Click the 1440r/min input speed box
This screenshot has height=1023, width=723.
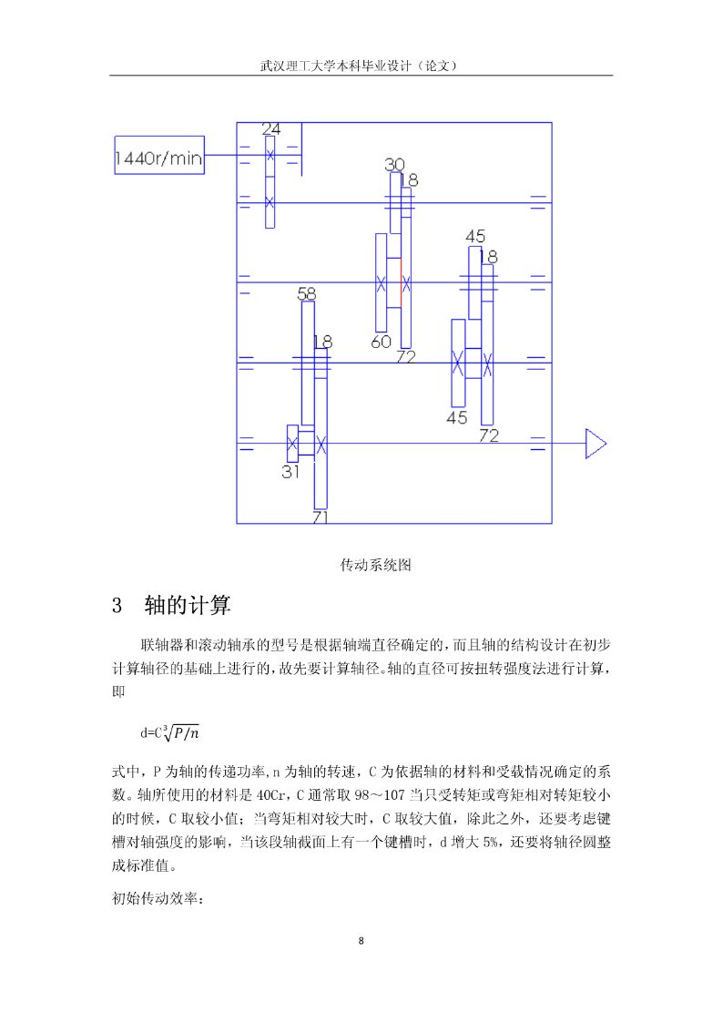coord(159,155)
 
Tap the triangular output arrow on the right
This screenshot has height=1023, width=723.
coord(596,444)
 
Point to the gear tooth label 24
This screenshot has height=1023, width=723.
coord(271,128)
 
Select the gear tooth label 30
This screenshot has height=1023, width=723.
coord(394,164)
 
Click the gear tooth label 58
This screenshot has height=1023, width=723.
coord(307,294)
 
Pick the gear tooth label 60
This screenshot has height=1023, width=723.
coord(381,342)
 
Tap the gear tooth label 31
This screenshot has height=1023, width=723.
coord(290,472)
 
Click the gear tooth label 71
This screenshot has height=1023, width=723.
coord(321,517)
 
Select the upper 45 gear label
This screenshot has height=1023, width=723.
coord(475,236)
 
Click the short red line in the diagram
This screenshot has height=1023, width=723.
coord(401,282)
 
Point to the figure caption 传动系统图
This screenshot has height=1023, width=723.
coord(375,565)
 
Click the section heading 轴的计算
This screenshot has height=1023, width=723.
coord(187,606)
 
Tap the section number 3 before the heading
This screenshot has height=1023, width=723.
coord(117,606)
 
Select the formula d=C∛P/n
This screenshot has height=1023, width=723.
coord(169,732)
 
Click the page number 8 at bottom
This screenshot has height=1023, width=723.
coord(361,941)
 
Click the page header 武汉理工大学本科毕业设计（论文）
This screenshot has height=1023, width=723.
coord(361,66)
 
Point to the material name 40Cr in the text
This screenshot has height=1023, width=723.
coord(271,795)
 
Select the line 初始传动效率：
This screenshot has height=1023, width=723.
coord(158,898)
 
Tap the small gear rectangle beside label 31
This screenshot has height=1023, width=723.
coord(292,444)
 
